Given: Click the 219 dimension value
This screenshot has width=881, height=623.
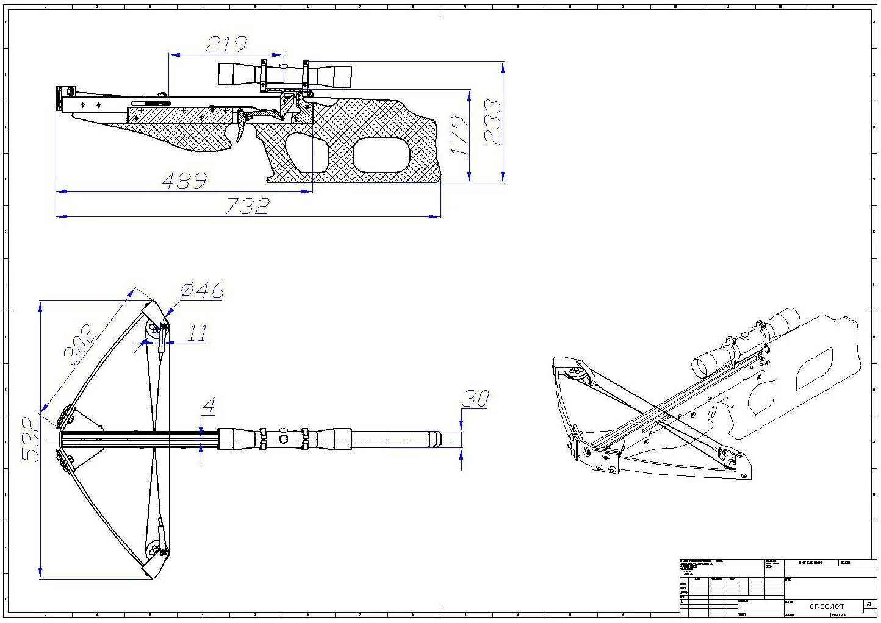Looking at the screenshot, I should point(226,44).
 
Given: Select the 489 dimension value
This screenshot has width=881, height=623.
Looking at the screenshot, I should point(184,180).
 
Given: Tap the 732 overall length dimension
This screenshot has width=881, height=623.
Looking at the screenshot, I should point(247,206).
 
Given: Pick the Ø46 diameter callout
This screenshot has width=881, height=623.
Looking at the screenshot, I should point(202,290).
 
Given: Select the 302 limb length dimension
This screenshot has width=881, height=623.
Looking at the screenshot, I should point(79,344).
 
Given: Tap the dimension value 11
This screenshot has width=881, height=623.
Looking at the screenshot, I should point(197,333).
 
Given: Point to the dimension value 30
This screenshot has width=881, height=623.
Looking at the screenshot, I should point(475,399).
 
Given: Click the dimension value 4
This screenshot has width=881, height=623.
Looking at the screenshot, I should point(209,405).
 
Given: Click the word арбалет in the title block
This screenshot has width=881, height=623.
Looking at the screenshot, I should point(827,606).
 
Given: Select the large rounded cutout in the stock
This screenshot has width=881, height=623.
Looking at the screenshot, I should point(381,154).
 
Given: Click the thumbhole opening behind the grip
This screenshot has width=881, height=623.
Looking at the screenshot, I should point(307,152).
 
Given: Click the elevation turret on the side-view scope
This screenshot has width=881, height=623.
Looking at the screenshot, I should point(283,65).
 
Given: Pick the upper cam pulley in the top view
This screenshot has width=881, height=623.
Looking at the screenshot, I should point(156,330).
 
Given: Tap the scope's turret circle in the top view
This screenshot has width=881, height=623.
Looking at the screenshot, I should point(283,439).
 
